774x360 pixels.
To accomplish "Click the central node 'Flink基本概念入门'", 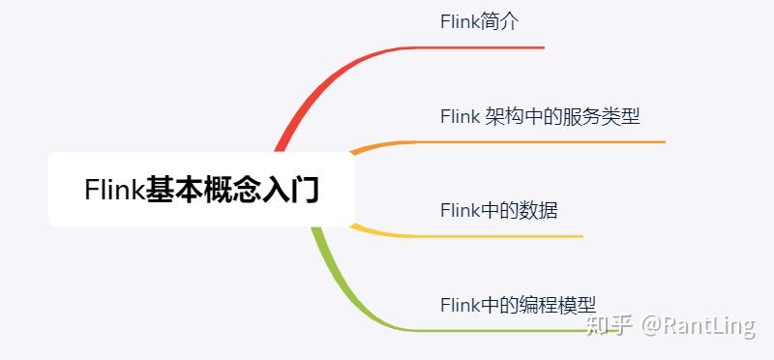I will [201, 189].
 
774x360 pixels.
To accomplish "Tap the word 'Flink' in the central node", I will [114, 190].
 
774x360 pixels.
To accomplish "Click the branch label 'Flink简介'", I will [479, 22].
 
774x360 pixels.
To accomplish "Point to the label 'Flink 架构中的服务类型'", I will [540, 117].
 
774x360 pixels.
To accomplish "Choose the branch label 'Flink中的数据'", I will [498, 210].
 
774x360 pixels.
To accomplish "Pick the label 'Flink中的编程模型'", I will [524, 304].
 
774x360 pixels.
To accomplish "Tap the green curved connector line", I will [334, 281].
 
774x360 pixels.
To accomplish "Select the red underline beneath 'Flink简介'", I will [484, 46].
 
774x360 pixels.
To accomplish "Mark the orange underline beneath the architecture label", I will [542, 141].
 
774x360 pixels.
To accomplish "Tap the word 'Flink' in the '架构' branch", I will [460, 117].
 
